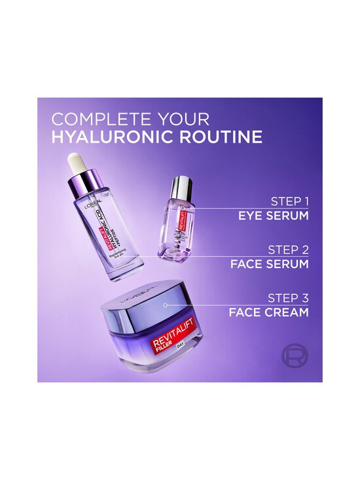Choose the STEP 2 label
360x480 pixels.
(x=288, y=250)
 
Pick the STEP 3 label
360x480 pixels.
(x=288, y=298)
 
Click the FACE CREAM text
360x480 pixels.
(x=269, y=313)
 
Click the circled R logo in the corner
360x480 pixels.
(x=294, y=356)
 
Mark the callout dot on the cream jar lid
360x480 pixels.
(x=166, y=305)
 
